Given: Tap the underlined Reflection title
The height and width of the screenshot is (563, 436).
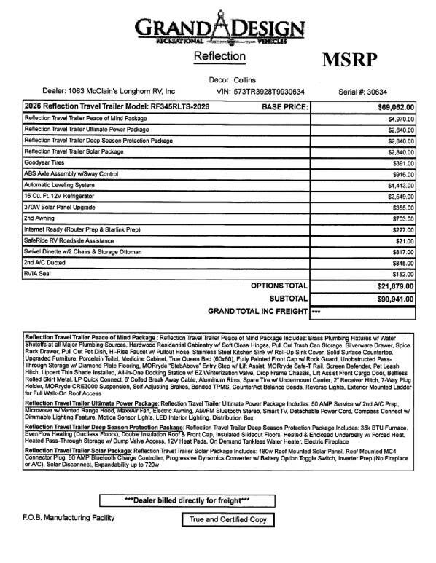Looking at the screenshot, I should (217, 57).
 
